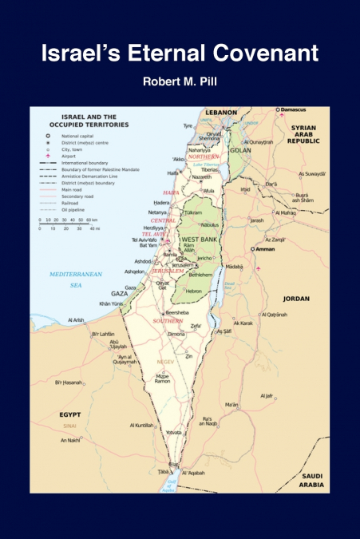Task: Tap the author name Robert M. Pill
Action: [180, 81]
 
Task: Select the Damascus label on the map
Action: [295, 109]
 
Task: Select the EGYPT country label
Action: [71, 415]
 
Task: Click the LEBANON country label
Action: [221, 113]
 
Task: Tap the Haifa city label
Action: [172, 172]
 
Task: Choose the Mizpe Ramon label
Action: [162, 378]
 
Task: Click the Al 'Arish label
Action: [77, 320]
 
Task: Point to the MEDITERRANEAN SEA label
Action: [65, 279]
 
